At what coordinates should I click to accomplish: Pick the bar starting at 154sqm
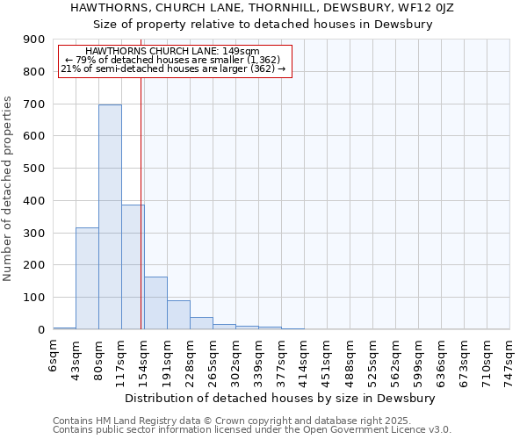155,303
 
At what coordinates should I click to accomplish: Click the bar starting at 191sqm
178,315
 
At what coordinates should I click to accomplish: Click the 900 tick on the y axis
33,40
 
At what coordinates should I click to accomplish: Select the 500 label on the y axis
33,169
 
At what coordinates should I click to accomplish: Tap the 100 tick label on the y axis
33,298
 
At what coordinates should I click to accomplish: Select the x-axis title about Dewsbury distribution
286,398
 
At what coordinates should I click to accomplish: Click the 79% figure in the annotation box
85,60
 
